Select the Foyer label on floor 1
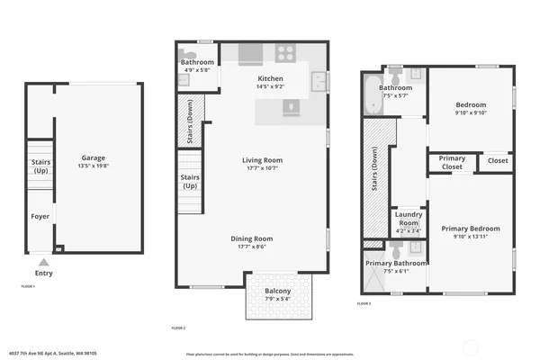coord(40,217)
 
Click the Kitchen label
coord(270,79)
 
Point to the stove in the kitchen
coord(286,52)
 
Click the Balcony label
coord(277,291)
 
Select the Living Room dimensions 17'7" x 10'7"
coord(264,168)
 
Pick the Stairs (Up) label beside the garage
coord(40,166)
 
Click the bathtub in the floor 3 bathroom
coord(373,95)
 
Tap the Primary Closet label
coord(452,162)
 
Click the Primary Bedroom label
coord(471,229)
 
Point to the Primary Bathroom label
coord(396,263)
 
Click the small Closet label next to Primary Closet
coord(498,161)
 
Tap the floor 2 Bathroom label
coord(197,62)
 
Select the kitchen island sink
coord(290,107)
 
